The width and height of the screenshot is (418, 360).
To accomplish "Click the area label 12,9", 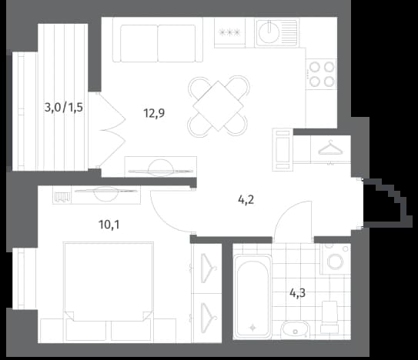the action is click(154, 113).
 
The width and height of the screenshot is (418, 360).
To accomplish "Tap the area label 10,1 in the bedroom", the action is click(109, 225).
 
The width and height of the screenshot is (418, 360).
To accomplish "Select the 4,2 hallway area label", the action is click(246, 199).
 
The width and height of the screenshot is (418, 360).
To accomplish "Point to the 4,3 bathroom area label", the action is click(297, 293).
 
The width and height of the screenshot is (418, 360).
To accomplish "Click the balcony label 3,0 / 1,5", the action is click(64, 108).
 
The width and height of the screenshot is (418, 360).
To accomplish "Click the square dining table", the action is click(218, 106).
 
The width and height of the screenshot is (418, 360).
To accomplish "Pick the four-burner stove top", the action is click(322, 74).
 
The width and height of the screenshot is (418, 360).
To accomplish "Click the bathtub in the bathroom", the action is click(252, 295).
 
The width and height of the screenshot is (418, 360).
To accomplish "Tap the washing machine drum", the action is click(336, 261).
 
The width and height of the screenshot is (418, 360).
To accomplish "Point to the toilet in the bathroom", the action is click(329, 316).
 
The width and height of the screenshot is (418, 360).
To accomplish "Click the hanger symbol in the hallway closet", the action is click(329, 148).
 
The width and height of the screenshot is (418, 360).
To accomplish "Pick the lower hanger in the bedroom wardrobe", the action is click(208, 318).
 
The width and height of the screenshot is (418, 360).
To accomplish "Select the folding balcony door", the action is click(112, 131).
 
